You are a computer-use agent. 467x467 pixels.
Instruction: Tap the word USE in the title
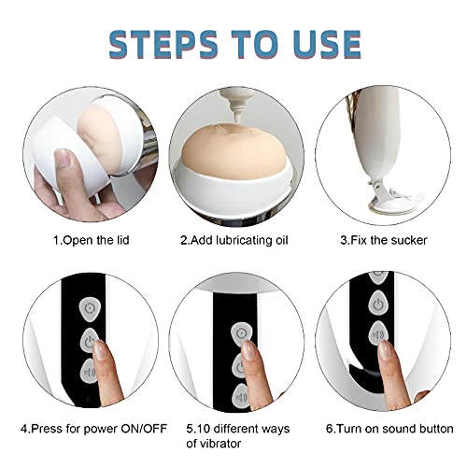[x=320, y=43]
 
